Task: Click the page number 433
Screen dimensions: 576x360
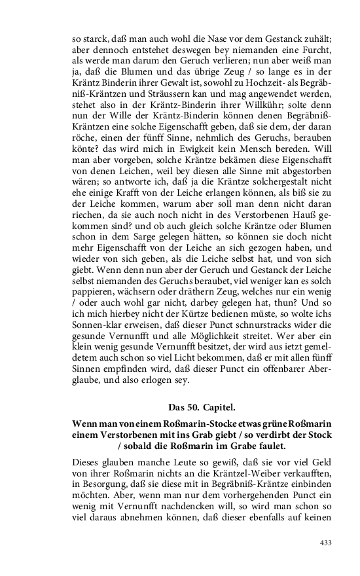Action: (x=326, y=543)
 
